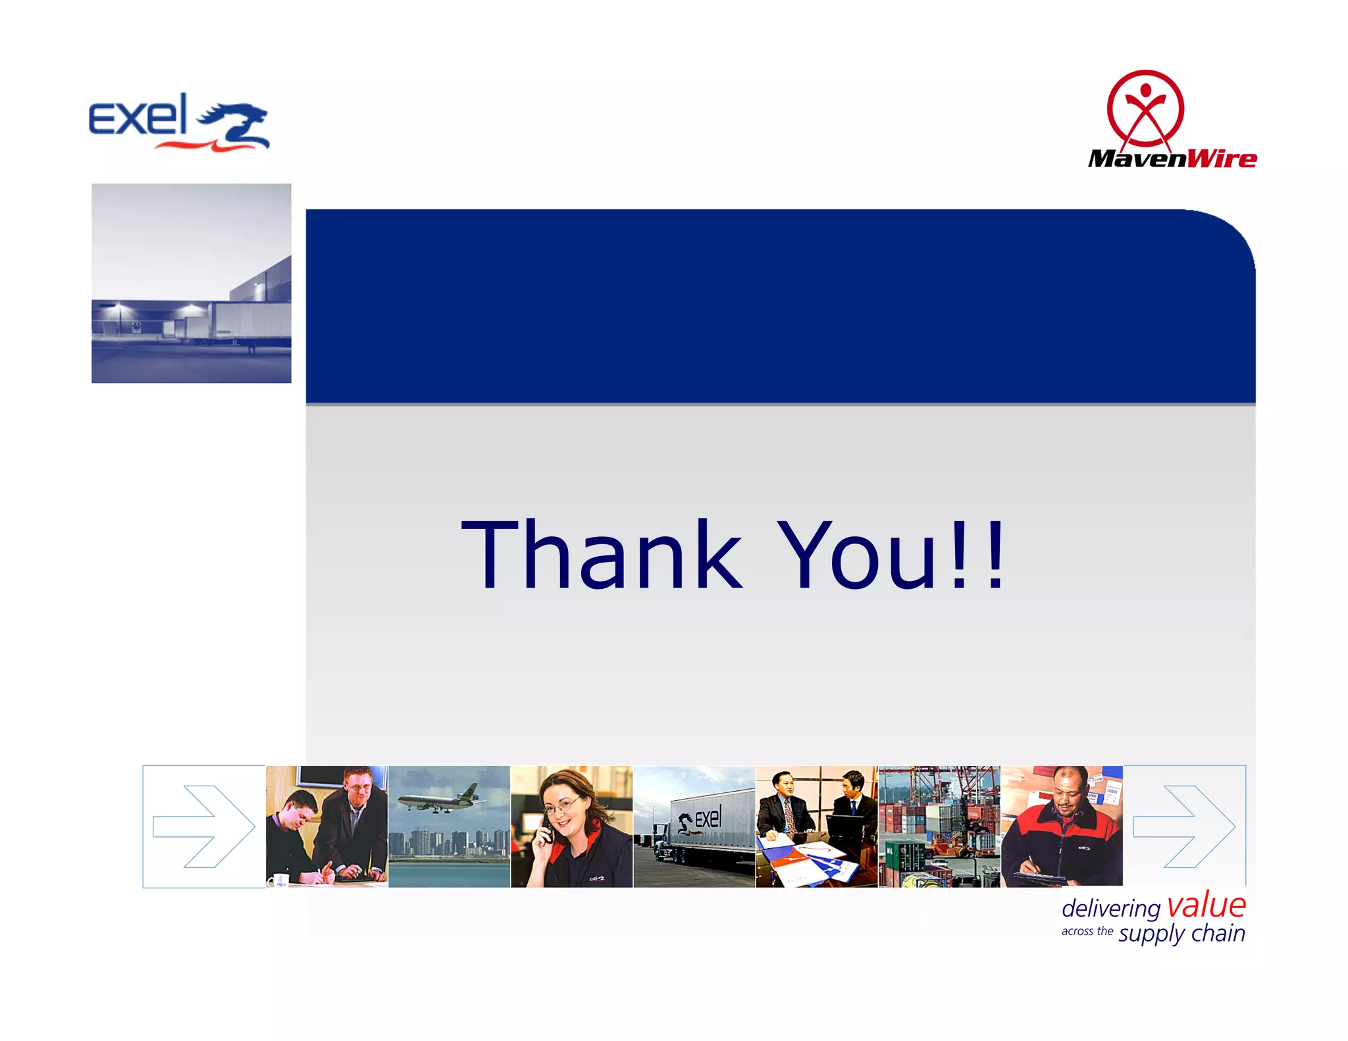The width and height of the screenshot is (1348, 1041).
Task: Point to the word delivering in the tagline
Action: (1110, 909)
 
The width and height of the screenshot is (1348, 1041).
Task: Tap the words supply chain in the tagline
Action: (1181, 934)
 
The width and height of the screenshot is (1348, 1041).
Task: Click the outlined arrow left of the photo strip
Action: (203, 826)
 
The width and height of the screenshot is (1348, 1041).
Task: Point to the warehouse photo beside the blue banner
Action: (191, 283)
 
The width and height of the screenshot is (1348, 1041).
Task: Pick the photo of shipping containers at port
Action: (939, 826)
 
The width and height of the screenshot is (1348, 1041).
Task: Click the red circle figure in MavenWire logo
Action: (1145, 109)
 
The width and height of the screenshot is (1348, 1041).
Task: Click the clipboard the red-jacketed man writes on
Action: (1040, 877)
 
